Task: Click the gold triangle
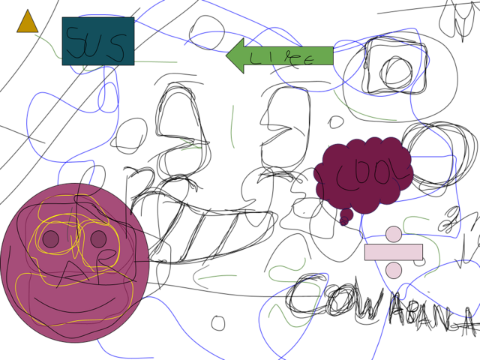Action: (x=28, y=23)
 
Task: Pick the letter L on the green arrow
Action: (x=255, y=56)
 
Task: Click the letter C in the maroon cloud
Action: (x=346, y=177)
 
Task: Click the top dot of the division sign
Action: (x=394, y=234)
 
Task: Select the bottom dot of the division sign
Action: (x=394, y=270)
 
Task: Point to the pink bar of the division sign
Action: (x=394, y=252)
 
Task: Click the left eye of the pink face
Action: (x=50, y=238)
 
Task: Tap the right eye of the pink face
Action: (x=98, y=238)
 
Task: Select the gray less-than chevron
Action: (x=200, y=277)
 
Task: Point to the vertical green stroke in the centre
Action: (x=232, y=126)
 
